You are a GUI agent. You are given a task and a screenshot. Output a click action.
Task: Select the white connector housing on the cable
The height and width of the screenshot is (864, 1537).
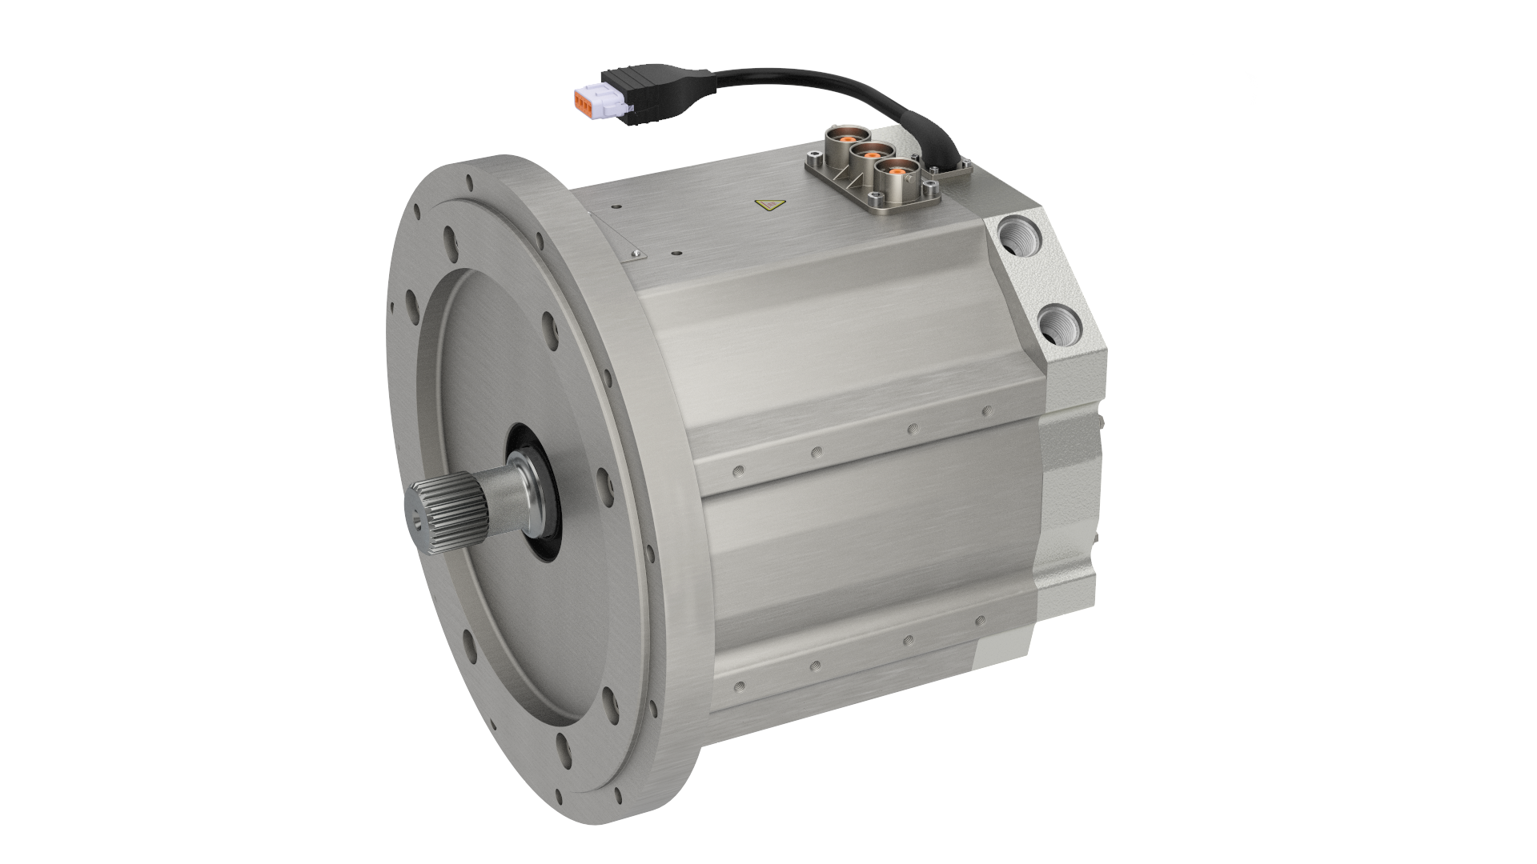pos(603,98)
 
